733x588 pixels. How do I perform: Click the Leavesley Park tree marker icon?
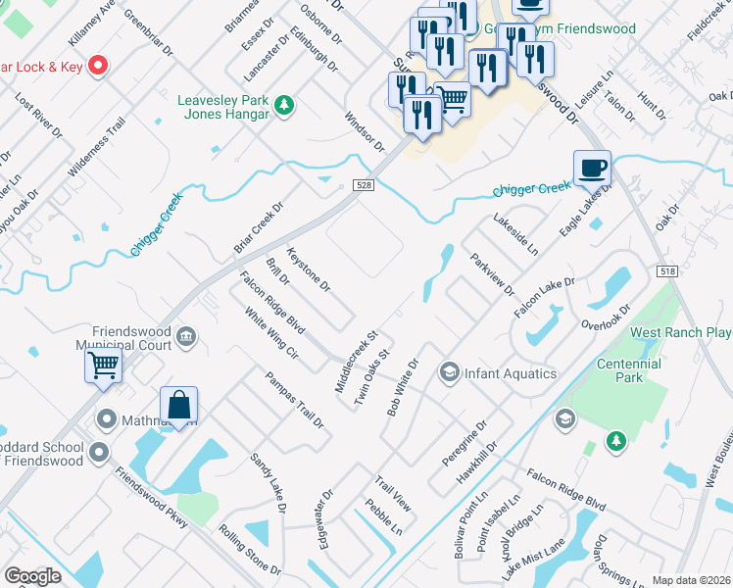pos(284,104)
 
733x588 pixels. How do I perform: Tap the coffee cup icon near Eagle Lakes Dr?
pos(593,168)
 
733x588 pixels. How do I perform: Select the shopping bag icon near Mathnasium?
pos(179,404)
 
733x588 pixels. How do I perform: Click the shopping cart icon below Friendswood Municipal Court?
pos(104,367)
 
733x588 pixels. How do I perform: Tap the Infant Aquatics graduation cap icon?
pos(450,372)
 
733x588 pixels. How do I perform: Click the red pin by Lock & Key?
pos(98,67)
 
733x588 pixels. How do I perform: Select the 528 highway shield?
pos(363,185)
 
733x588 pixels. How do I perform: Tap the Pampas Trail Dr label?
pos(295,399)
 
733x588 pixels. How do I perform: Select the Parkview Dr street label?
pos(492,274)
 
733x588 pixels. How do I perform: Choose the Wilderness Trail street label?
pos(97,147)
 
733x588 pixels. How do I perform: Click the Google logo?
pos(32,576)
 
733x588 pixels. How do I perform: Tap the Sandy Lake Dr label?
pos(268,483)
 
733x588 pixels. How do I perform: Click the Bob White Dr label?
pos(403,387)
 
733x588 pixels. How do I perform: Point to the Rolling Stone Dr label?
pos(250,550)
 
